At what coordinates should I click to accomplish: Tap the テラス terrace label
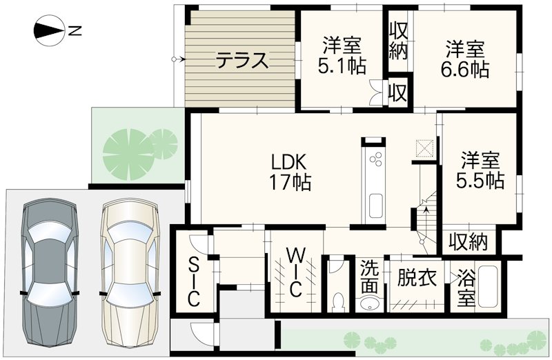[x=241, y=61]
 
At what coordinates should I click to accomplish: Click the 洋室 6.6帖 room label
[x=465, y=59]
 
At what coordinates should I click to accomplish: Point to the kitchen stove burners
[x=377, y=162]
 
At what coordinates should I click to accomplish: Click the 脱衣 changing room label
[x=417, y=279]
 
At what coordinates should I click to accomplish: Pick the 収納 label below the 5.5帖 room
[x=469, y=241]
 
